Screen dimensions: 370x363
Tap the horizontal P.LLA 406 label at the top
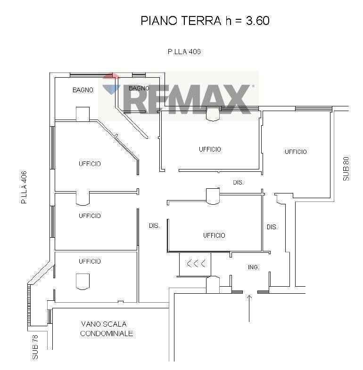184,52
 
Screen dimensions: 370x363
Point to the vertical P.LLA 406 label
23,187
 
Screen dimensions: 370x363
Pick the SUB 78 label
35,347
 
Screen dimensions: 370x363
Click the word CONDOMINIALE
107,334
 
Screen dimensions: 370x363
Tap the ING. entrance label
254,267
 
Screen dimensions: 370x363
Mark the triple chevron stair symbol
196,264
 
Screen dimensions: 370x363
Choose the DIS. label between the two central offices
238,182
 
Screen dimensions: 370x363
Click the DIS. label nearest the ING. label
272,227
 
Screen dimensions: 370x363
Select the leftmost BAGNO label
82,90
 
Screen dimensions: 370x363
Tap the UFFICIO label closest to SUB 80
296,152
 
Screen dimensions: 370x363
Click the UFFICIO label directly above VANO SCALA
90,261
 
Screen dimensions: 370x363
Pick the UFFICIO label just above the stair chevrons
214,235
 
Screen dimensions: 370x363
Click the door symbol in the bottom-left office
82,281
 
